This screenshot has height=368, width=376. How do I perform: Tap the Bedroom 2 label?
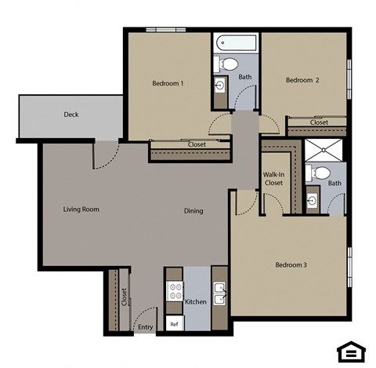pyautogui.click(x=302, y=80)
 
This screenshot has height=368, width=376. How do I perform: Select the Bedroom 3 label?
pyautogui.click(x=291, y=264)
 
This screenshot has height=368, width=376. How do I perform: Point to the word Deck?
pyautogui.click(x=71, y=115)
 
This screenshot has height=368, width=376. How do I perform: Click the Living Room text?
pyautogui.click(x=81, y=210)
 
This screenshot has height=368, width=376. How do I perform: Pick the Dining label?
pyautogui.click(x=193, y=210)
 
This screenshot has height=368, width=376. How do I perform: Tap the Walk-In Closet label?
pyautogui.click(x=273, y=178)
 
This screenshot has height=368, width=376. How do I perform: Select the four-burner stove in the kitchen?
pyautogui.click(x=174, y=293)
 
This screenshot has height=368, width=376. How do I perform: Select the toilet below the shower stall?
pyautogui.click(x=320, y=173)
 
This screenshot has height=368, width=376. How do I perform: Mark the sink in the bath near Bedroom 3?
pyautogui.click(x=312, y=201)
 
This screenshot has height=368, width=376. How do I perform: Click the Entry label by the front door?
pyautogui.click(x=144, y=327)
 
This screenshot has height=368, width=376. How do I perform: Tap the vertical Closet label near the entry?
pyautogui.click(x=124, y=297)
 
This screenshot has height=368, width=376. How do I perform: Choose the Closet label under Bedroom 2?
pyautogui.click(x=319, y=122)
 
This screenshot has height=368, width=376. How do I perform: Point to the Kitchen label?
pyautogui.click(x=195, y=302)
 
